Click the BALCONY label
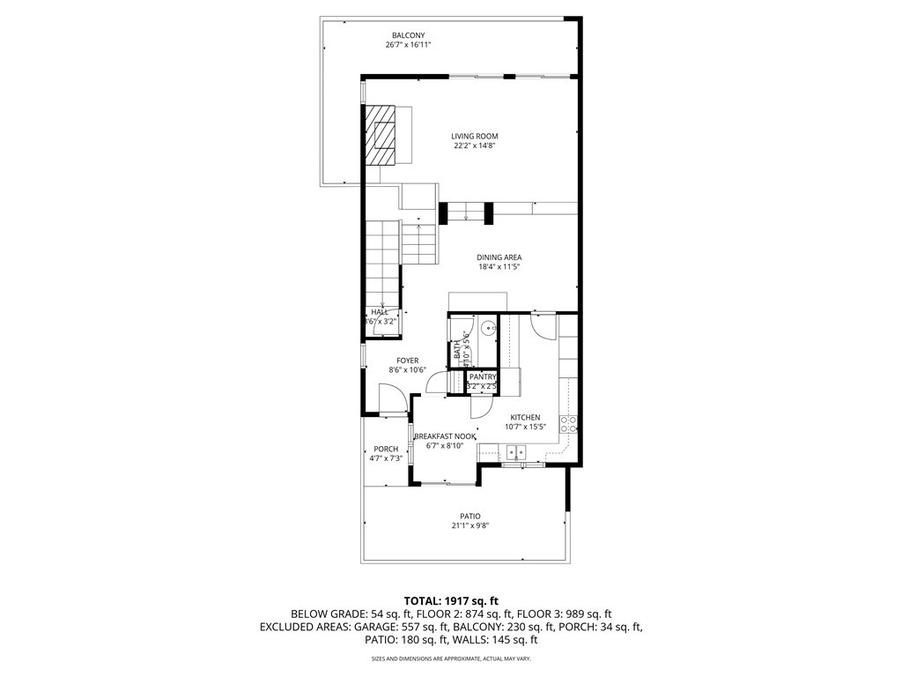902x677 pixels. point(408,34)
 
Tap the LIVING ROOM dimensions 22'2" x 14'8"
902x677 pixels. point(475,146)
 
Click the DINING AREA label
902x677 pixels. point(499,257)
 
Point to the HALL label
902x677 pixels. point(380,312)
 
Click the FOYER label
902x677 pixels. point(407,361)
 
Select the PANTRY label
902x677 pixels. point(483,376)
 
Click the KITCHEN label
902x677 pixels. point(525,417)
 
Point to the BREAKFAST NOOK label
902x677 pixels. point(445,436)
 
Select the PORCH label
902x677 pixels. point(386,449)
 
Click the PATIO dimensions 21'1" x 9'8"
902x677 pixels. point(469,525)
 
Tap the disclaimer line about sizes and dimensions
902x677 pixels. point(450,658)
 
